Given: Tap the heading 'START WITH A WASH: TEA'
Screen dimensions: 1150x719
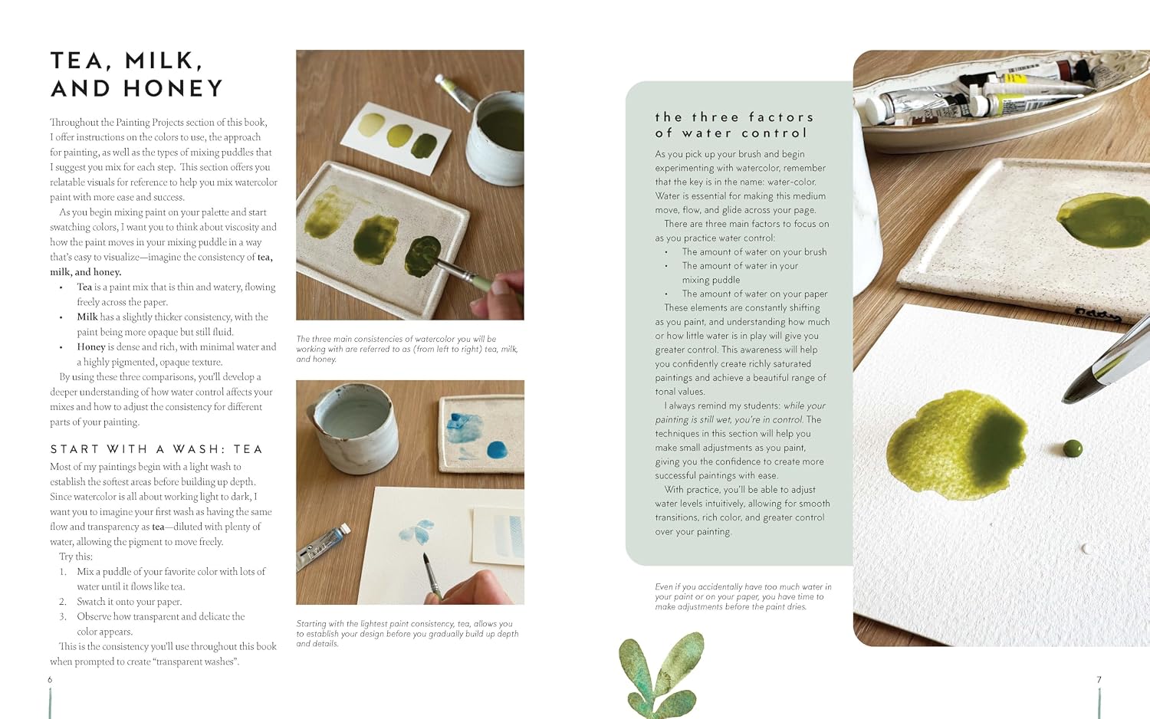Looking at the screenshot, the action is pyautogui.click(x=156, y=449).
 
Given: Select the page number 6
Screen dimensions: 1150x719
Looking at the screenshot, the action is pyautogui.click(x=50, y=679).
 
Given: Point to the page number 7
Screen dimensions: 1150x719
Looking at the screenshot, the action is pyautogui.click(x=1099, y=679).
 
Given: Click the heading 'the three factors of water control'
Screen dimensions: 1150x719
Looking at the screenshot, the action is pyautogui.click(x=734, y=125).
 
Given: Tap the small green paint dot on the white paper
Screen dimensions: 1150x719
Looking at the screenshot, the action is pyautogui.click(x=1073, y=448).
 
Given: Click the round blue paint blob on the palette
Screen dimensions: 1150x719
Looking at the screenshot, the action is pyautogui.click(x=497, y=450).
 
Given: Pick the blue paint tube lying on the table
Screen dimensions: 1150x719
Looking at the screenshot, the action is pyautogui.click(x=324, y=546).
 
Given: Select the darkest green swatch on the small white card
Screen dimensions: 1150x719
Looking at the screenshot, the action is pyautogui.click(x=424, y=146).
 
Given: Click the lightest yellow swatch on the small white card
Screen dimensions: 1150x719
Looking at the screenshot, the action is pyautogui.click(x=370, y=125).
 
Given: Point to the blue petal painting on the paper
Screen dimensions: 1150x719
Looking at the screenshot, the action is pyautogui.click(x=417, y=532).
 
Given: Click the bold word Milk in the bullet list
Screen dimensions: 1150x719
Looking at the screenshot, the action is pyautogui.click(x=87, y=317).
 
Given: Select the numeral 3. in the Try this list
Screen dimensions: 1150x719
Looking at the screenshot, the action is pyautogui.click(x=63, y=616).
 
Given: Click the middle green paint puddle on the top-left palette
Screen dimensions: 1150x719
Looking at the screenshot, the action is pyautogui.click(x=376, y=240).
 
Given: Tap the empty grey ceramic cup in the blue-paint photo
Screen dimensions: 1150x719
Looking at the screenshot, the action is pyautogui.click(x=354, y=428).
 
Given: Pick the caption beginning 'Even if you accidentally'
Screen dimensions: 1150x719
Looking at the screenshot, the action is pyautogui.click(x=743, y=596).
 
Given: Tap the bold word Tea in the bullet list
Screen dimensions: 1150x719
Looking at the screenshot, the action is pyautogui.click(x=84, y=287).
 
